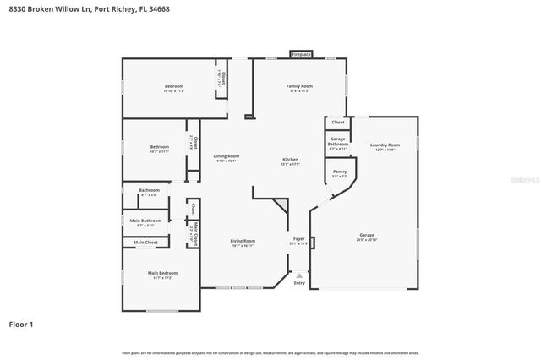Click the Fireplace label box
[302, 54]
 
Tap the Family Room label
[299, 87]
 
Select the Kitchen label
[290, 160]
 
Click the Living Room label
[243, 242]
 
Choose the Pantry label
[339, 173]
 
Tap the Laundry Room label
[385, 145]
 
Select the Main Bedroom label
[162, 274]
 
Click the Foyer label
[299, 240]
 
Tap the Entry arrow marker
[299, 275]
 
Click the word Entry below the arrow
[299, 283]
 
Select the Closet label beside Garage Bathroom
[338, 123]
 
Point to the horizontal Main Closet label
[145, 243]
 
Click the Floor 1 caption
[22, 324]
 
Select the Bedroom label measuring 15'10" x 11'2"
[174, 88]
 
